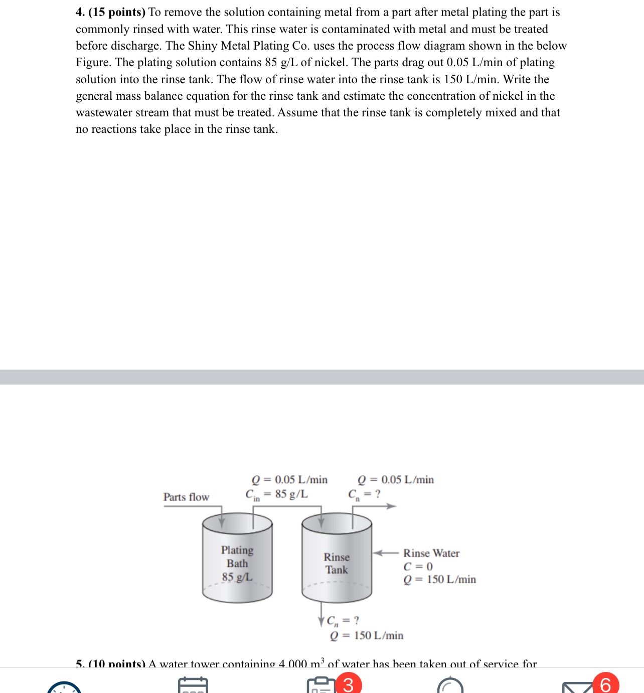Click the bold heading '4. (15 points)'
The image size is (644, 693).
tap(110, 12)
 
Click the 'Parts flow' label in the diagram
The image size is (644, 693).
tap(186, 497)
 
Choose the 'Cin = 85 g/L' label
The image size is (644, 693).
tap(276, 494)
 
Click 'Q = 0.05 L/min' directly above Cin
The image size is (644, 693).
tap(289, 479)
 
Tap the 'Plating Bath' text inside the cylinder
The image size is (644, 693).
tap(237, 557)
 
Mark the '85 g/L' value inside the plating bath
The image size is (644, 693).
tap(237, 577)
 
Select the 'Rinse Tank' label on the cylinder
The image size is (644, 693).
tap(337, 563)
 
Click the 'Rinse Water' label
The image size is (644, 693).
tap(431, 553)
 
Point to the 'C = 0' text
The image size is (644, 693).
tap(418, 566)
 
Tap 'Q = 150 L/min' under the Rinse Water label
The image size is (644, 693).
tap(439, 579)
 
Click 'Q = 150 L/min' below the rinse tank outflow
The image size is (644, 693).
tap(367, 635)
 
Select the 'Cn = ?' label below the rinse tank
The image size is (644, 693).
tap(343, 621)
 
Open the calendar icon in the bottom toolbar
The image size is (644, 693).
tap(193, 685)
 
